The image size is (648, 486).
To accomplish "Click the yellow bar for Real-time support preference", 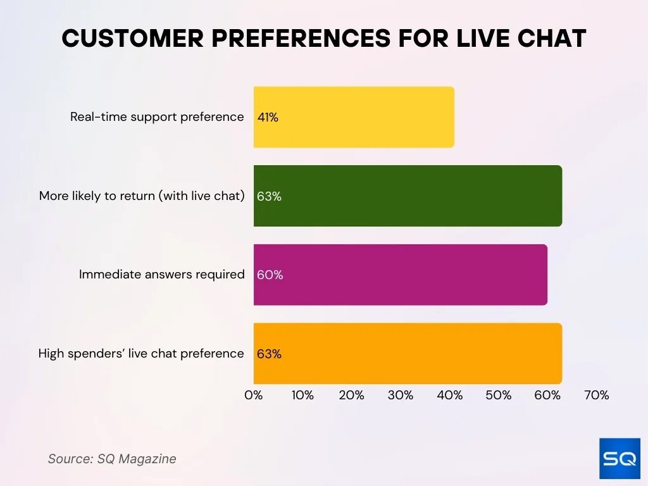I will (x=354, y=117).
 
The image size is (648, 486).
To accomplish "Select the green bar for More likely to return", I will (x=408, y=196).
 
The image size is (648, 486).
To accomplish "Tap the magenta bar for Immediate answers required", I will (x=401, y=275).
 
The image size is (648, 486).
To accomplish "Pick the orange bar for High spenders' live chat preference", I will (x=408, y=354).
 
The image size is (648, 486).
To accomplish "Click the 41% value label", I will (x=268, y=117).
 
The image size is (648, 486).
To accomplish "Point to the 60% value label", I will (x=270, y=275).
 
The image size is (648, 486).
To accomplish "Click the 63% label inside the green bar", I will (x=269, y=196).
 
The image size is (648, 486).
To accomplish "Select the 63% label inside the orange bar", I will (x=269, y=354).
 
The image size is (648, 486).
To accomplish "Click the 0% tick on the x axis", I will (x=254, y=396).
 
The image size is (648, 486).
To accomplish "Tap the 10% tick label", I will (x=302, y=396).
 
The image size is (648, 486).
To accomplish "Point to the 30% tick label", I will (x=400, y=396).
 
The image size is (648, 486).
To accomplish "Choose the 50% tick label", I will (x=498, y=396).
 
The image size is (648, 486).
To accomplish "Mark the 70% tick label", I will (x=596, y=396).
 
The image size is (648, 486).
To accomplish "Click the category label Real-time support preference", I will (x=157, y=117).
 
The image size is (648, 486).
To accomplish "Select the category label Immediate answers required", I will (x=161, y=275).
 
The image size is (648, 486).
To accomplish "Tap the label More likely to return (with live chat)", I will (x=142, y=196).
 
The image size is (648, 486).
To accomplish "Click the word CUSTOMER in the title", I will (x=132, y=39).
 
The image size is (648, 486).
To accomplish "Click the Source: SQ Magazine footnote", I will (x=112, y=459).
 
